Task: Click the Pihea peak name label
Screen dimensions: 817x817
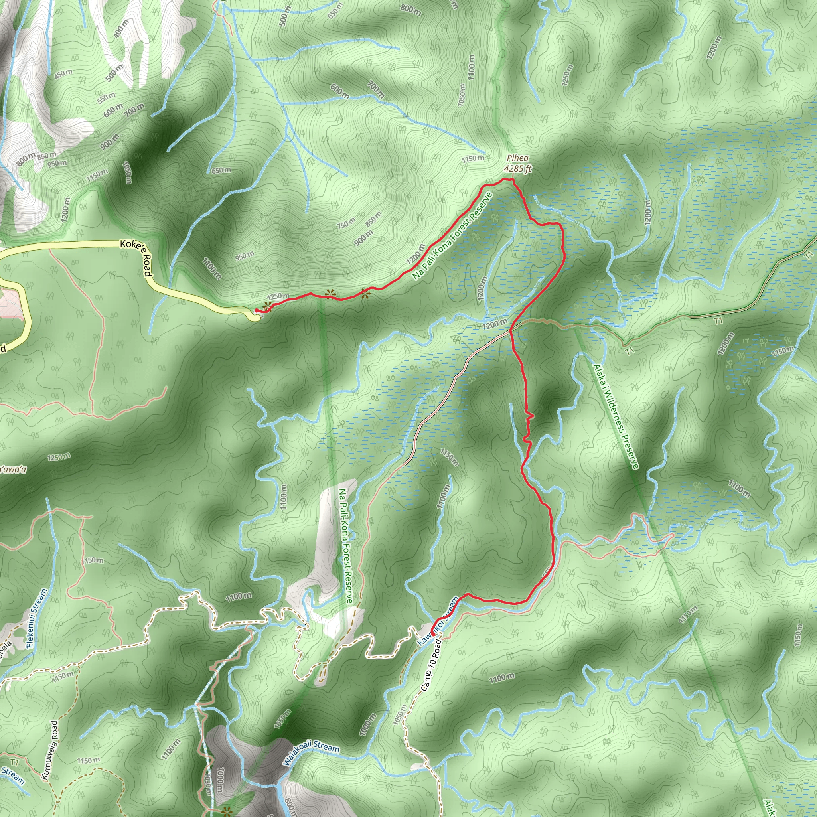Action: pos(517,158)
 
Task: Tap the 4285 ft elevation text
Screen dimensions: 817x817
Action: pos(517,169)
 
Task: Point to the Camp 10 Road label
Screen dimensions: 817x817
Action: pos(431,665)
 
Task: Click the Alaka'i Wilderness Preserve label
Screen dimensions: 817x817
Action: pos(616,416)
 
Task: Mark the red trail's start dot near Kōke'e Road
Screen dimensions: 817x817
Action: pos(256,311)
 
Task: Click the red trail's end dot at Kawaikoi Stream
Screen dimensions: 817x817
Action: pos(432,634)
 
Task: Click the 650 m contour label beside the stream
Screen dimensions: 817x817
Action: pos(221,170)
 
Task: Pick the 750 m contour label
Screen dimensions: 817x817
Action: pos(346,223)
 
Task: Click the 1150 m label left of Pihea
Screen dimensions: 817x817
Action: pos(473,159)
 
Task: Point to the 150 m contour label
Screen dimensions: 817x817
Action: pos(94,561)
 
